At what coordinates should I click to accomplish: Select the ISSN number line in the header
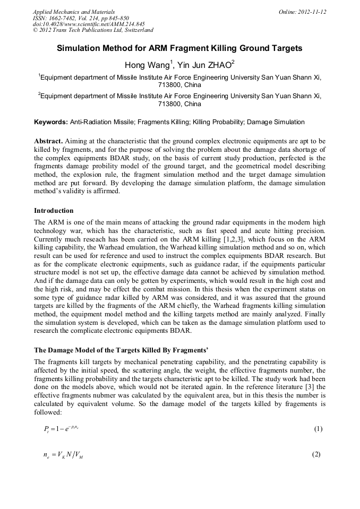[81, 18]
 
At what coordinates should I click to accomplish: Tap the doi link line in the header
[88, 24]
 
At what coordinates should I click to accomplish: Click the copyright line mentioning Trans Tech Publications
[93, 30]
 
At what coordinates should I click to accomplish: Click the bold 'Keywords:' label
[51, 122]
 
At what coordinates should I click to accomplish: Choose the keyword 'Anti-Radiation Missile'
[102, 122]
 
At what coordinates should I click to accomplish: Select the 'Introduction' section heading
[54, 211]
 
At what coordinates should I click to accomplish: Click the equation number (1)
[317, 429]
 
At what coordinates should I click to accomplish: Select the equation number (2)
[317, 454]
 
